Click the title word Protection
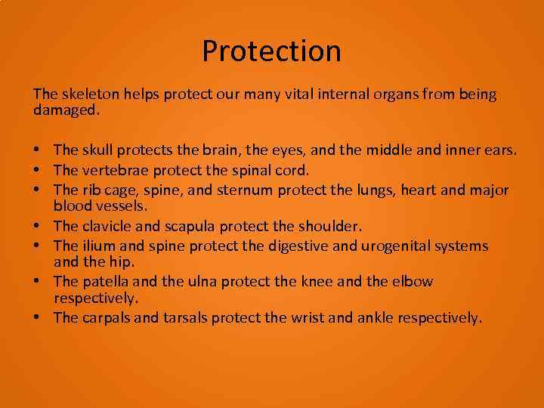click(x=271, y=51)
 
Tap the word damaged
click(x=66, y=110)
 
